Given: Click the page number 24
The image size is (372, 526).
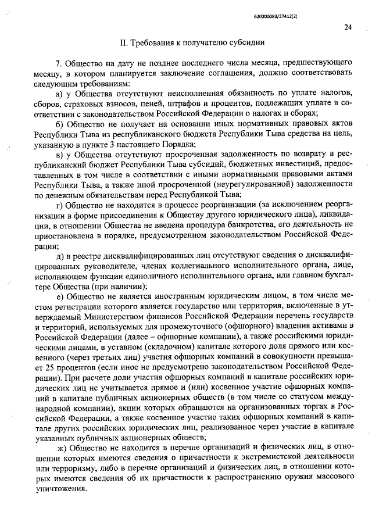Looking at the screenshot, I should pyautogui.click(x=348, y=27).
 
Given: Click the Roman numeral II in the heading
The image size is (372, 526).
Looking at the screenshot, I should pyautogui.click(x=123, y=43).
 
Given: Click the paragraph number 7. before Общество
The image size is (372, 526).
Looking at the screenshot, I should pyautogui.click(x=58, y=63).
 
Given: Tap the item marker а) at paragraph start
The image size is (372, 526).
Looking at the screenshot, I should pyautogui.click(x=59, y=94).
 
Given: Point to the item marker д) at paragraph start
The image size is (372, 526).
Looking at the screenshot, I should pyautogui.click(x=59, y=255).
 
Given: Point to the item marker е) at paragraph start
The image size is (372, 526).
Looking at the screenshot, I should pyautogui.click(x=59, y=296).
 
